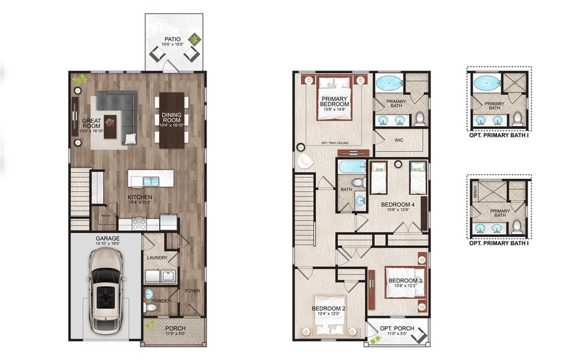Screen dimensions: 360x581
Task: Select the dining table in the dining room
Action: pyautogui.click(x=171, y=120)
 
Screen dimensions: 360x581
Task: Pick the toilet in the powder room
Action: pyautogui.click(x=149, y=307)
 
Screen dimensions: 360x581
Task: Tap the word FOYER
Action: pyautogui.click(x=192, y=291)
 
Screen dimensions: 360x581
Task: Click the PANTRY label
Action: pyautogui.click(x=106, y=216)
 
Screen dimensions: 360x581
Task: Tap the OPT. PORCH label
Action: pyautogui.click(x=397, y=329)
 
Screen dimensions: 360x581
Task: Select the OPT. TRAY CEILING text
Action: pyautogui.click(x=334, y=143)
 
